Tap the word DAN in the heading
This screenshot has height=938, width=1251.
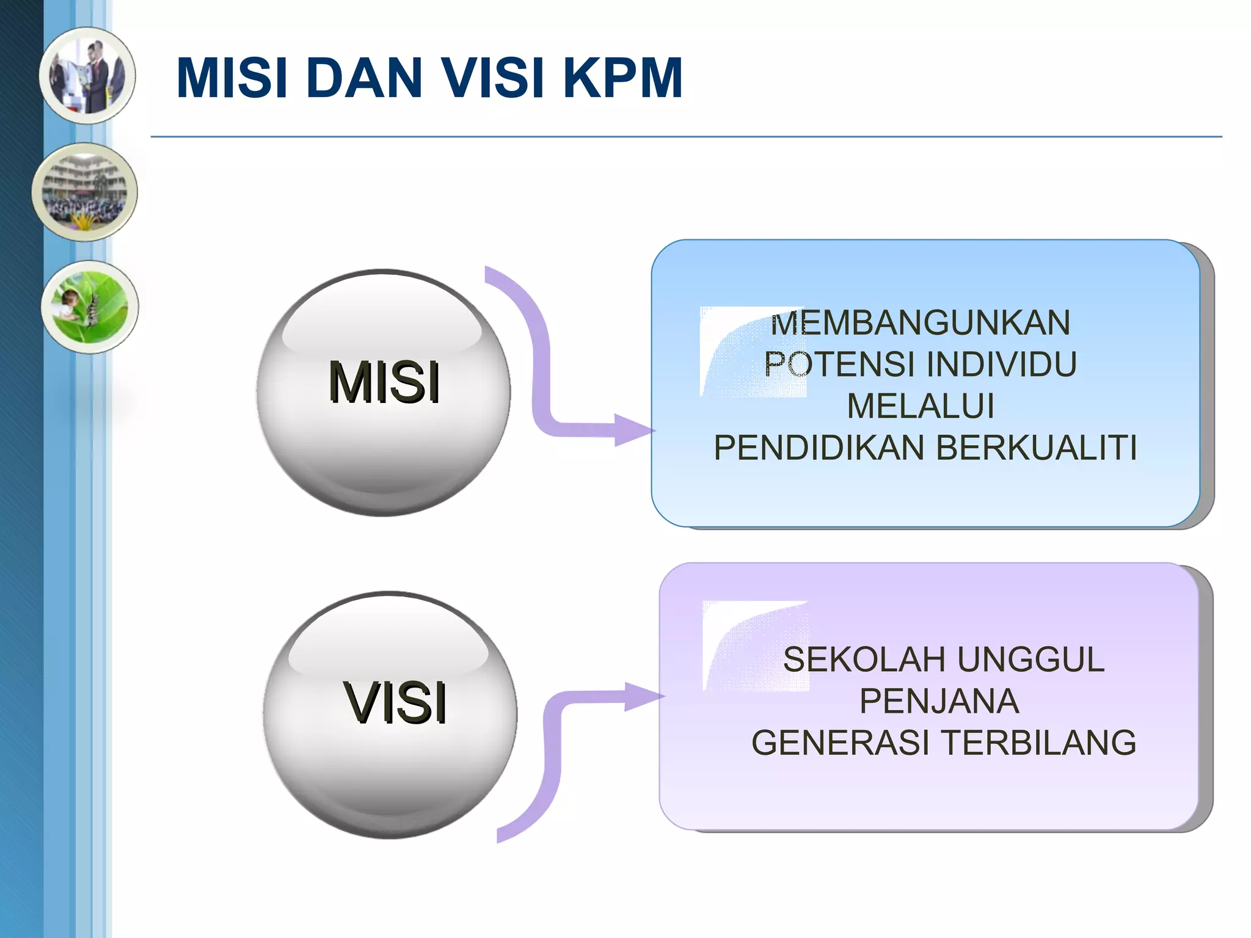(364, 78)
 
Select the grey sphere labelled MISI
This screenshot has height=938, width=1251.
(384, 393)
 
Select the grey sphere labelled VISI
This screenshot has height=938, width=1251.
(390, 714)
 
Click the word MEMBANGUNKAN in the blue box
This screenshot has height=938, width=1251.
(920, 322)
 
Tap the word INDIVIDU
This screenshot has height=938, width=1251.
(1001, 364)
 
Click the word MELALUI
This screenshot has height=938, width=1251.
(921, 405)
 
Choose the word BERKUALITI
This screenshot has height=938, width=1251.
(1036, 447)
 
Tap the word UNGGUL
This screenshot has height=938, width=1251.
(1031, 660)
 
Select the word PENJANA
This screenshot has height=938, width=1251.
(939, 701)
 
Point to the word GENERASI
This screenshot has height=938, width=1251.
(841, 743)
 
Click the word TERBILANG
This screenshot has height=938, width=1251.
(1038, 743)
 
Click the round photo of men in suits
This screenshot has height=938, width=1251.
(87, 76)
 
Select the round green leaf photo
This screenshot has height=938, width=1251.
(90, 307)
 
